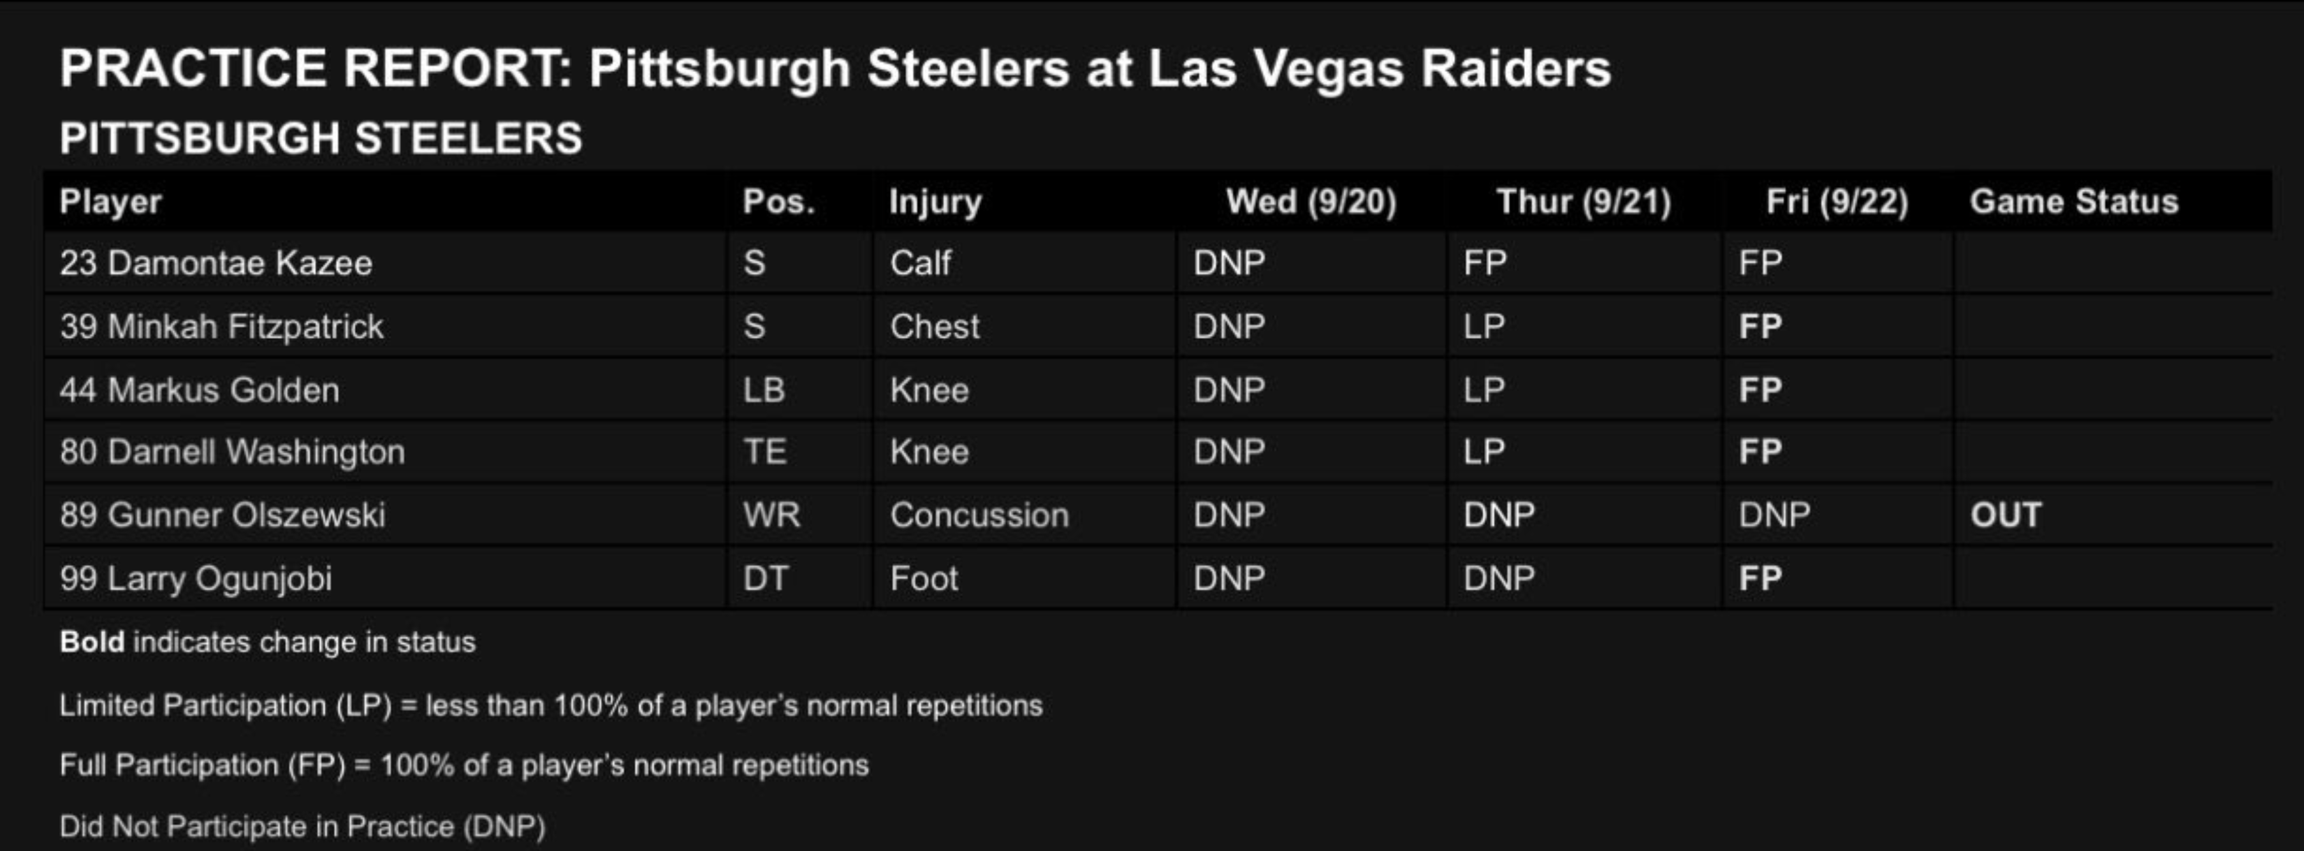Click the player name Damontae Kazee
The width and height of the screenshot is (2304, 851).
click(x=240, y=263)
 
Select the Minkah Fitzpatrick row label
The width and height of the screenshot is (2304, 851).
click(x=222, y=326)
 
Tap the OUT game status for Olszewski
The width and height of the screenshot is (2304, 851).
click(x=2006, y=515)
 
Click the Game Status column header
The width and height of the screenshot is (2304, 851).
click(x=2074, y=202)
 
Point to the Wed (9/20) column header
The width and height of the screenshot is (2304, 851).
click(x=1311, y=202)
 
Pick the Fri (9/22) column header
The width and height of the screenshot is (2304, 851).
click(x=1837, y=202)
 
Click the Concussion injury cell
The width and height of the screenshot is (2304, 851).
click(x=979, y=515)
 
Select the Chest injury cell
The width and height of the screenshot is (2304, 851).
click(x=935, y=326)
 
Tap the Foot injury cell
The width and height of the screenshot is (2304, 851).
click(x=924, y=578)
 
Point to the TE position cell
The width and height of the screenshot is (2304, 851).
click(x=765, y=452)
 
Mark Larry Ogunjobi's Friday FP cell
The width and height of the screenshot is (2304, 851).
click(x=1760, y=578)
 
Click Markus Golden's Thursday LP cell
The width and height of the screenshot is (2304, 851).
click(x=1484, y=390)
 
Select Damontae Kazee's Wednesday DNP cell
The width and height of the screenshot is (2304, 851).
click(x=1229, y=263)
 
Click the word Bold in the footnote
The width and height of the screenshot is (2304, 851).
click(x=92, y=642)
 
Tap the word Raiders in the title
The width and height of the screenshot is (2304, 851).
click(x=1516, y=68)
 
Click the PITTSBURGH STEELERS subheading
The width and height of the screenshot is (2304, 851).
click(x=321, y=139)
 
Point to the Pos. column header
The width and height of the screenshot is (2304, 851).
click(x=779, y=202)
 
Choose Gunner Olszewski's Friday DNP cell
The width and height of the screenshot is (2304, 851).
click(x=1774, y=515)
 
